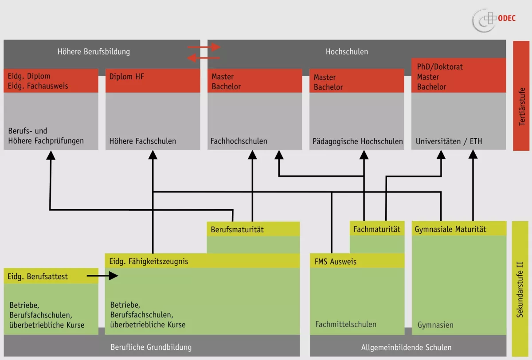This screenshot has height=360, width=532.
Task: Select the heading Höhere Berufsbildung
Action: point(94,51)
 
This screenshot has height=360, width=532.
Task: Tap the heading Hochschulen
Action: point(347,51)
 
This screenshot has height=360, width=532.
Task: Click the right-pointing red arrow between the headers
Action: point(204,47)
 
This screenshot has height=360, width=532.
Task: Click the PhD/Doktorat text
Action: point(440,67)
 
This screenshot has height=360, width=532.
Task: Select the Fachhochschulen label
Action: point(239,141)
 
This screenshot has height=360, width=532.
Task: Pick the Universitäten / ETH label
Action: point(449,142)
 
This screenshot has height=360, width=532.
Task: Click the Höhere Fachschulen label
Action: point(143,141)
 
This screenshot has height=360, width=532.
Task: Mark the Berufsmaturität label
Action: point(237,230)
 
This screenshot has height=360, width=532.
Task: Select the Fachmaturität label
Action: point(377,229)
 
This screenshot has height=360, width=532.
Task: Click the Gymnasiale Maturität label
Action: point(450,229)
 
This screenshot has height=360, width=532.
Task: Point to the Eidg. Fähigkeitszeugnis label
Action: point(149,262)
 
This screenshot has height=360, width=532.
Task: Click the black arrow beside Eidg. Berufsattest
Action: point(102,276)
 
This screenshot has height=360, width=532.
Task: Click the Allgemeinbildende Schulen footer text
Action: point(406,348)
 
